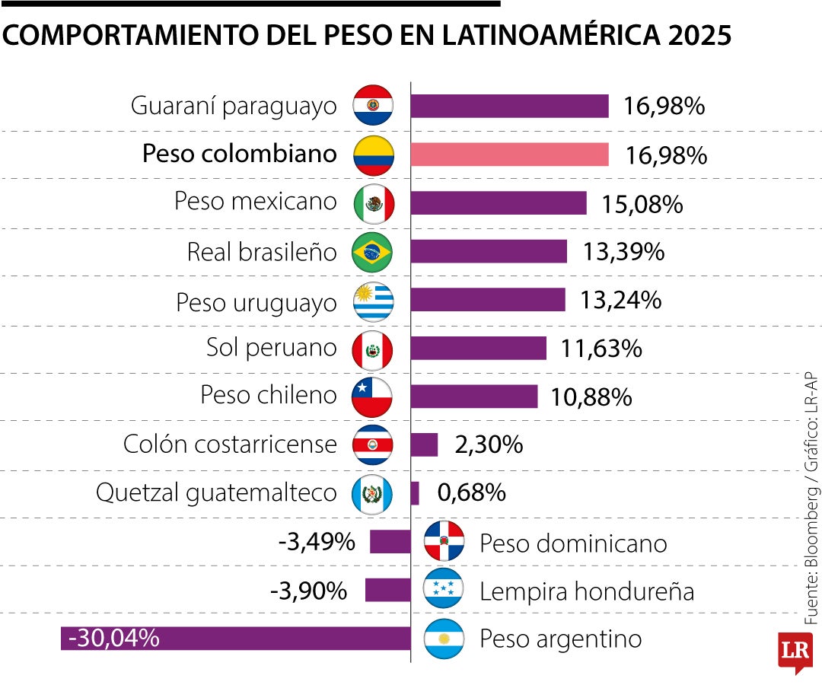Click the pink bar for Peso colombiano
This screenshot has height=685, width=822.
(x=509, y=155)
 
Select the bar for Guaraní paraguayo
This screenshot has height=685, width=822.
(x=509, y=107)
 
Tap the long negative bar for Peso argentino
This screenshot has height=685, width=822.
(x=236, y=638)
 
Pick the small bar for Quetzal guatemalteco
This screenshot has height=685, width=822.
(x=415, y=493)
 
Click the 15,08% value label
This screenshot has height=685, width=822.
(x=642, y=205)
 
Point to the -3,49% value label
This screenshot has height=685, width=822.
(x=316, y=543)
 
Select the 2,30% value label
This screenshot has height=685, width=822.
(x=489, y=444)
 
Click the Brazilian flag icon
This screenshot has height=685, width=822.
(x=372, y=253)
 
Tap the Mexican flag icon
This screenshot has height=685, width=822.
(x=373, y=203)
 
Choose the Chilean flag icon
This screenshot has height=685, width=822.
(x=372, y=397)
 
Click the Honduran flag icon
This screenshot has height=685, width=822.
(x=444, y=590)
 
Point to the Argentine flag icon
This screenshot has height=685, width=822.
(x=444, y=639)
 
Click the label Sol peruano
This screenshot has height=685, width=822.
(x=271, y=348)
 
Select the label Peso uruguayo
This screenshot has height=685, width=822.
(x=256, y=302)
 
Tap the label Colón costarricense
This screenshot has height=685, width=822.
(x=230, y=444)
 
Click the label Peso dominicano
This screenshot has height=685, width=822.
(x=573, y=543)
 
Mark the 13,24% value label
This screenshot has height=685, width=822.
(x=620, y=301)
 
